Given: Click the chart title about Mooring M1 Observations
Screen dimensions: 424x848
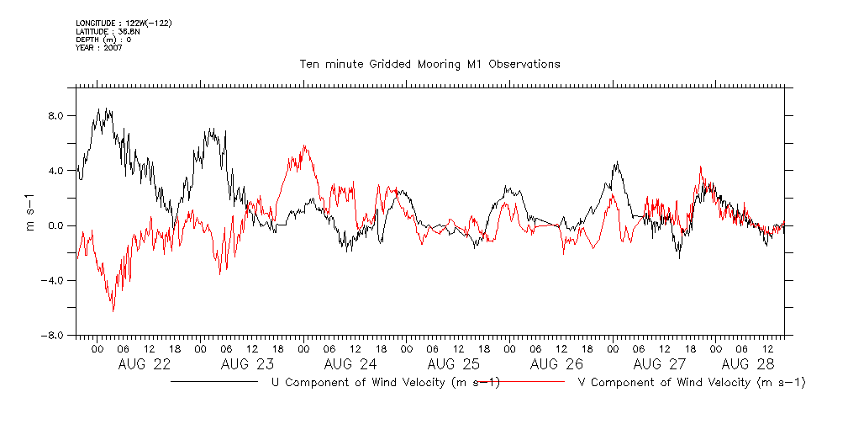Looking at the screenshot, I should click(x=429, y=64).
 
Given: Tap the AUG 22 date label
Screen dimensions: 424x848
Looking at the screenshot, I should click(x=145, y=364).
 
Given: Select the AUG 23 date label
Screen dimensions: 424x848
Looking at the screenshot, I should click(x=247, y=364).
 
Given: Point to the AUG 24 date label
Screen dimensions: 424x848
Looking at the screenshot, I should click(x=350, y=364).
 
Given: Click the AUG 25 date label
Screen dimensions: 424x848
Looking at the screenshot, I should click(x=453, y=364).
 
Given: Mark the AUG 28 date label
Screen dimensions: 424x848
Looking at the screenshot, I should click(x=747, y=364).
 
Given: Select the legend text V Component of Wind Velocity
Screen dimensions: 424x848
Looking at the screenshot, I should click(x=692, y=383).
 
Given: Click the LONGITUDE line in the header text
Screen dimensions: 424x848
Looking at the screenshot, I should click(x=124, y=23).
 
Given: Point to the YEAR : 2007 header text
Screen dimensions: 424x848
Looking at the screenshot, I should click(x=99, y=48).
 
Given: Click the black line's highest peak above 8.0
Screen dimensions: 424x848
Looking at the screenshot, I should click(x=99, y=109).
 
